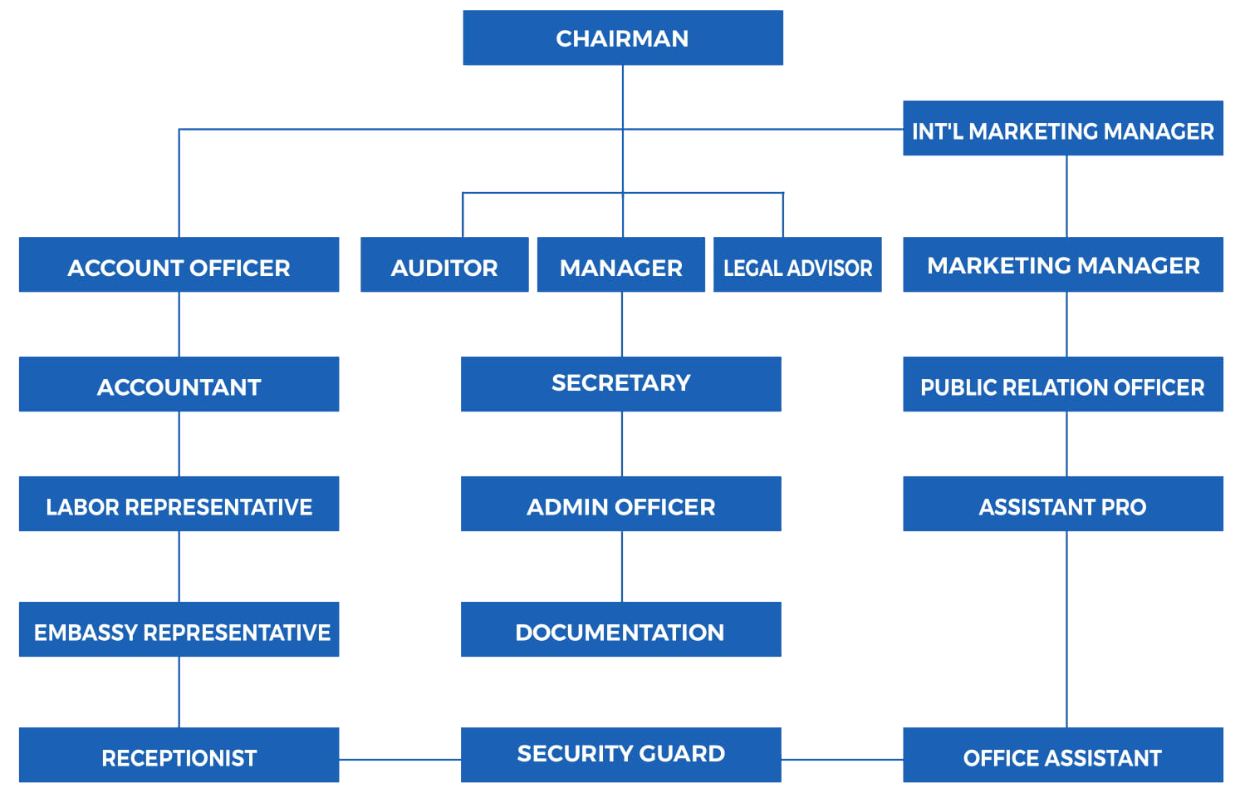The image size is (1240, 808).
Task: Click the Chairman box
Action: point(622,38)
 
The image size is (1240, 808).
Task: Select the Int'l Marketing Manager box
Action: point(1062,129)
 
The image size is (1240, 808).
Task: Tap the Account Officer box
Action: point(179,265)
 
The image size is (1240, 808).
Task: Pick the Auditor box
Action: point(444,265)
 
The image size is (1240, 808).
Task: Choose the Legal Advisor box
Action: point(797,265)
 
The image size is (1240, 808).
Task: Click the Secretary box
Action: point(620,384)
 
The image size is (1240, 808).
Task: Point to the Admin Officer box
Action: point(620,504)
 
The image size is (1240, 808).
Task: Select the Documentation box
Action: point(620,630)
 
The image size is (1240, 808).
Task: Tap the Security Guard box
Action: point(620,755)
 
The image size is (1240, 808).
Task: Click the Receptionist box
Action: point(179,756)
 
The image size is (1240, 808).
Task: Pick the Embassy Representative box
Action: point(179,630)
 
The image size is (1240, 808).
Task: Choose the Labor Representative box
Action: point(179,504)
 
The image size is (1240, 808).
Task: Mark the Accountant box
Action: point(179,384)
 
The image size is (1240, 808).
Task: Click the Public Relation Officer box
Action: point(1062,384)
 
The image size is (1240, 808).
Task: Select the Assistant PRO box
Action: point(1062,504)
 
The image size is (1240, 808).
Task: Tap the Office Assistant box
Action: point(1062,756)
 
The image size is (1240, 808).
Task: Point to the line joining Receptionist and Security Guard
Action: point(399,759)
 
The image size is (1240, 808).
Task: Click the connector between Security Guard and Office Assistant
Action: point(841,759)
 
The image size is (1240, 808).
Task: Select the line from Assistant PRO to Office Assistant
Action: point(1066,629)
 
